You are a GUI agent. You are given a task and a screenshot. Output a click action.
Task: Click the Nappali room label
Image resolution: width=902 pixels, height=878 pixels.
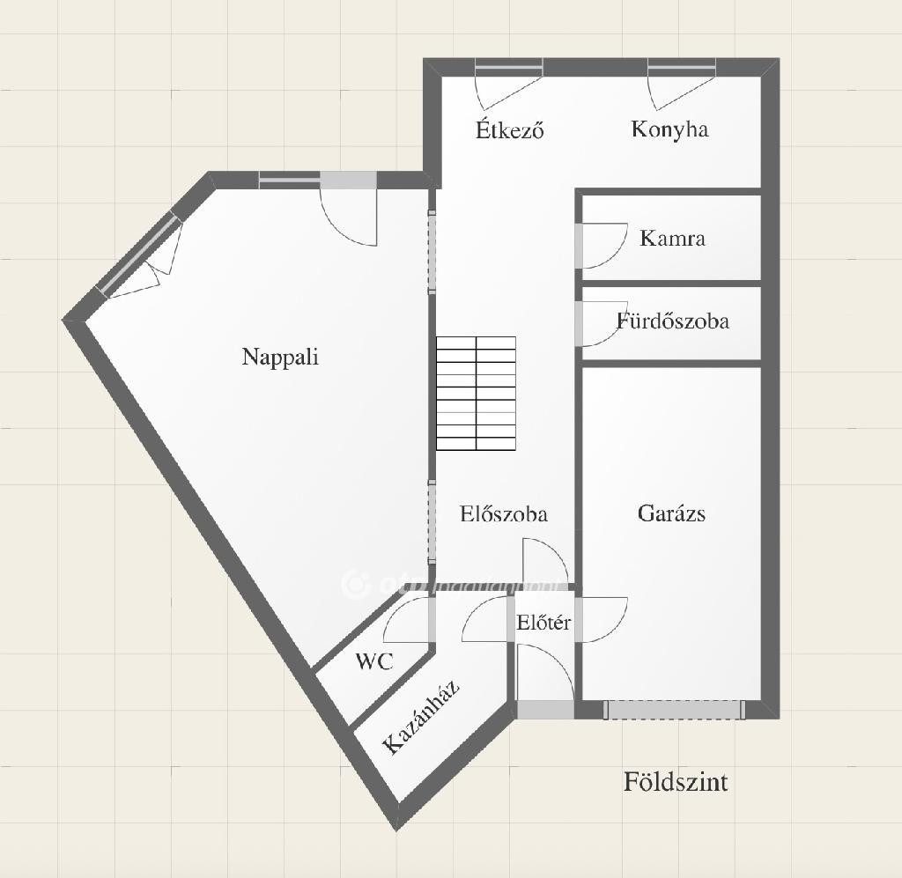[x=280, y=357]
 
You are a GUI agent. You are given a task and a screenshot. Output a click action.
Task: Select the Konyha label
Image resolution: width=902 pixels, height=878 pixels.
[x=669, y=129]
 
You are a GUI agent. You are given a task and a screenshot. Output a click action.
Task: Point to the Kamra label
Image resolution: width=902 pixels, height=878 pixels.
[x=672, y=238]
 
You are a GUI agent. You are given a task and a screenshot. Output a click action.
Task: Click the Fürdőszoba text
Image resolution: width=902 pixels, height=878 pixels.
[x=672, y=321]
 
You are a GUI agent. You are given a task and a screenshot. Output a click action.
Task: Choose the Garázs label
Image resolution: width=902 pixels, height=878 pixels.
[x=671, y=513]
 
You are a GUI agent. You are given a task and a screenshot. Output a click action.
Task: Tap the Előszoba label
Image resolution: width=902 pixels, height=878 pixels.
[x=503, y=513]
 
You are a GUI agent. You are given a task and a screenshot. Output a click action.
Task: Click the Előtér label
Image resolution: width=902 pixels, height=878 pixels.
[x=543, y=622]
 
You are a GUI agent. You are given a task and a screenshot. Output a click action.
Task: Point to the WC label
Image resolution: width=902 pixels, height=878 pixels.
[x=374, y=661]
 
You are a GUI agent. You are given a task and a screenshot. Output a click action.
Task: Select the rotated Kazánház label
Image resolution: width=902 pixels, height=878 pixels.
[x=422, y=717]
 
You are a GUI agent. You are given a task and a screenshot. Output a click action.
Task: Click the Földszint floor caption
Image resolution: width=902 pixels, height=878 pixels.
[x=676, y=782]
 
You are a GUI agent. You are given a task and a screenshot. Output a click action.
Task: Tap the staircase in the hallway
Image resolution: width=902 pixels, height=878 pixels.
[x=476, y=394]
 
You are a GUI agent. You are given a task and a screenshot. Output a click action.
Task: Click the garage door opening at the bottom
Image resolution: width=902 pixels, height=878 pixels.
[x=674, y=710]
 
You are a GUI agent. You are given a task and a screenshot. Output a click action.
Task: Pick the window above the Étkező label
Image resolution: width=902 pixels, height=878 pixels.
[x=509, y=67]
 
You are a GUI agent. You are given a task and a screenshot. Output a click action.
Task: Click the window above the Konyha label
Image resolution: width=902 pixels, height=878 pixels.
[x=682, y=67]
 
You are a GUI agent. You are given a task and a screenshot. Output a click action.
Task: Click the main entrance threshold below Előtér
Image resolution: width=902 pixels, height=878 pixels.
[x=545, y=710]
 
